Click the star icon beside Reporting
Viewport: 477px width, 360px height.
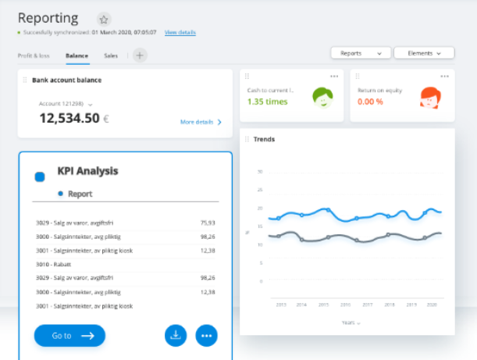105,19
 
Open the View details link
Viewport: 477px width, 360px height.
180,33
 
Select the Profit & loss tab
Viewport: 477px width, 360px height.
34,55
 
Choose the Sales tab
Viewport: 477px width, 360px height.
111,55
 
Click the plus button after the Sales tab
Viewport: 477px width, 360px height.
140,55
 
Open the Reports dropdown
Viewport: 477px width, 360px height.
361,53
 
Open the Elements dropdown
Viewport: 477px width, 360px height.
424,53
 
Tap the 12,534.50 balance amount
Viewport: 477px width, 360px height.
69,118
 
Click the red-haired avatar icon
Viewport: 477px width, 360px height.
430,97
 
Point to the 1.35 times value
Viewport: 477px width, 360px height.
267,102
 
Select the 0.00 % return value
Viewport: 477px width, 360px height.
370,102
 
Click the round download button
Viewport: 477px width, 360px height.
176,335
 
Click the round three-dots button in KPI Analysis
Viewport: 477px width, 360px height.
207,335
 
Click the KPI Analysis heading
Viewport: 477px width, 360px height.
87,170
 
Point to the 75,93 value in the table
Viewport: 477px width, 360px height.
207,223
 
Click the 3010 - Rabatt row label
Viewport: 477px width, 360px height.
55,263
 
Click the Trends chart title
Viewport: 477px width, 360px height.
264,139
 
